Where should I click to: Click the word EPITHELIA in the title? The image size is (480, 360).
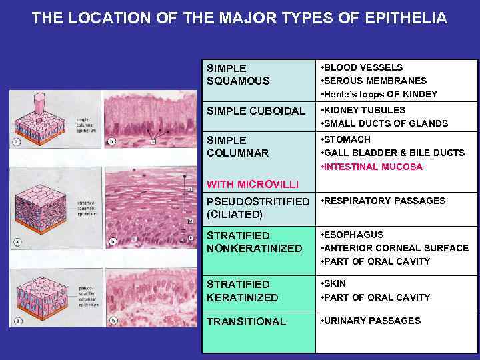point(407,18)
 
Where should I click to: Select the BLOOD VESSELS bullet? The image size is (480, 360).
point(363,67)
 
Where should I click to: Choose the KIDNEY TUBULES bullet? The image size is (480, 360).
point(364,110)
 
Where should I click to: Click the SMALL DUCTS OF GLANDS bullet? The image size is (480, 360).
point(385,123)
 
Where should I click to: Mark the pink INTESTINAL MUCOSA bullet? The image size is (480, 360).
point(373,167)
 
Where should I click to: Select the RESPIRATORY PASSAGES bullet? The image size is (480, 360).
point(383,201)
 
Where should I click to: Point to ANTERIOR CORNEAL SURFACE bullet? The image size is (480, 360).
point(395,248)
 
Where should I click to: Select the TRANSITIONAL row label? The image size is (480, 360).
point(247,321)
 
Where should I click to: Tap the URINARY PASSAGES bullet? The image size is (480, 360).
point(372,321)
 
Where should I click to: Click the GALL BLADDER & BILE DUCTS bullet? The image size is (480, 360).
point(393,153)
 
